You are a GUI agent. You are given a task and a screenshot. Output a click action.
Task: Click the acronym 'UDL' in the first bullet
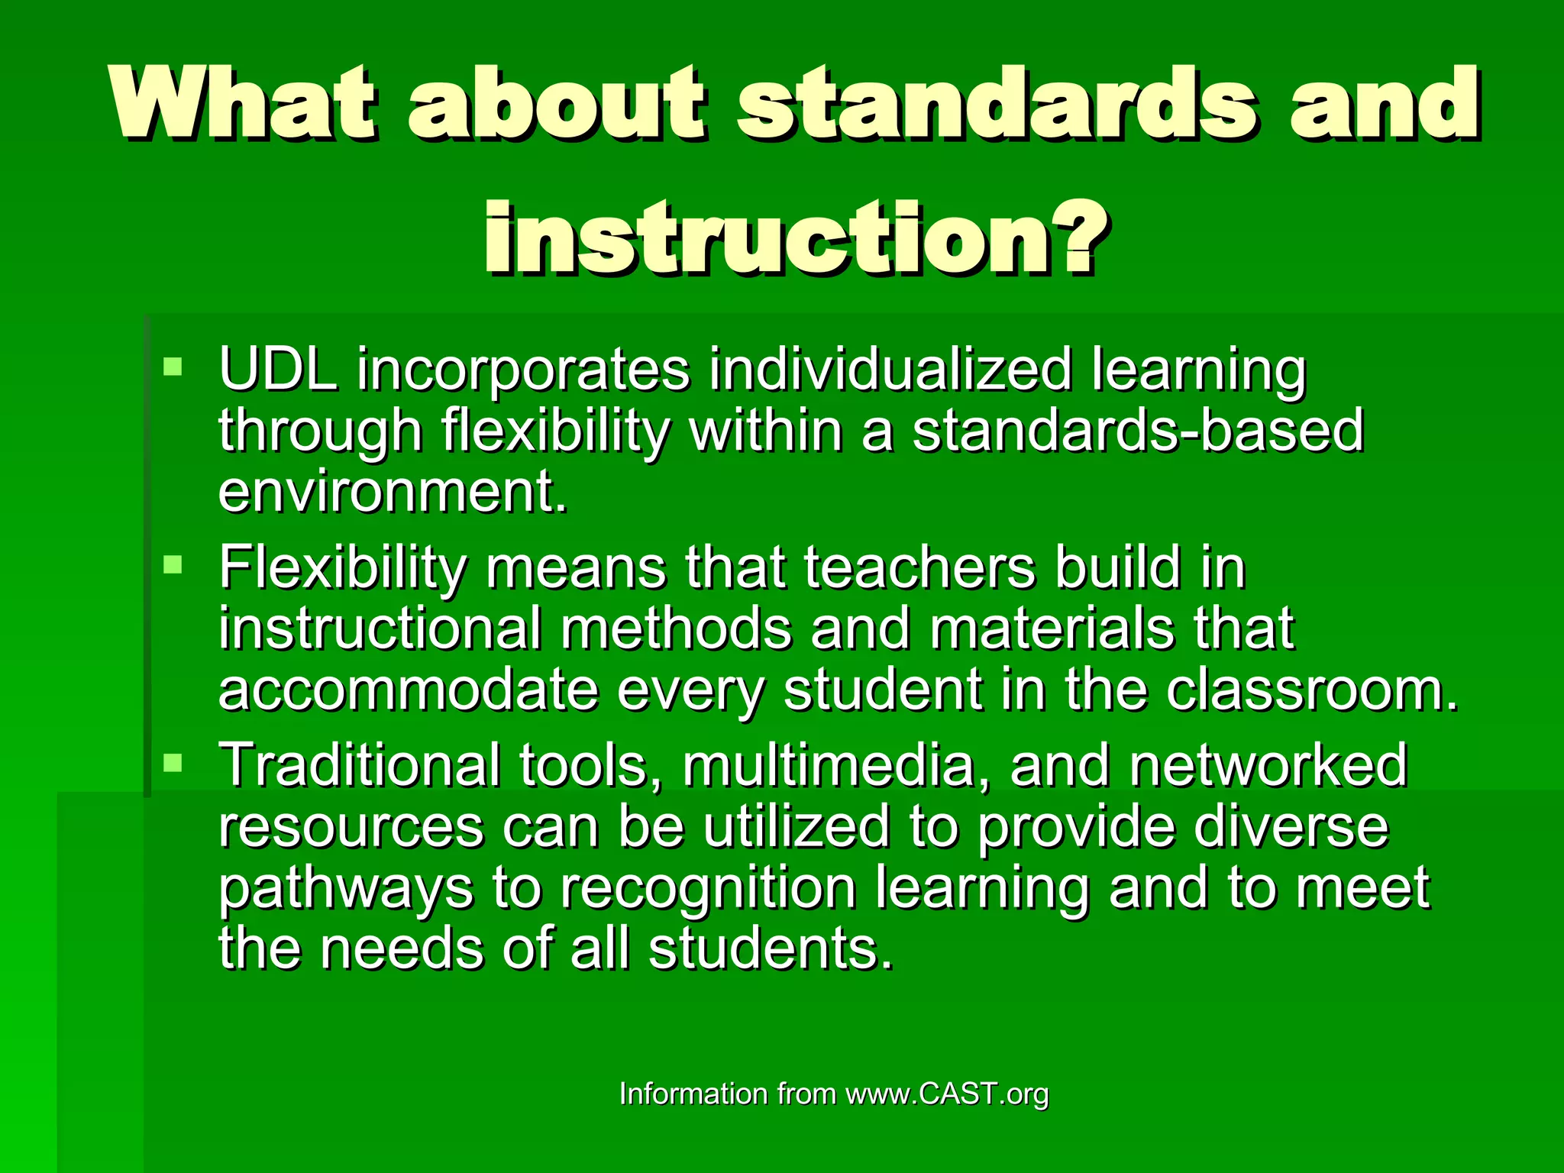coord(278,370)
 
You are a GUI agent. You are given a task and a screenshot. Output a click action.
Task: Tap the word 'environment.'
coord(393,491)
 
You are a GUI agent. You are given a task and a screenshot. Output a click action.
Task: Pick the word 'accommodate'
coord(408,690)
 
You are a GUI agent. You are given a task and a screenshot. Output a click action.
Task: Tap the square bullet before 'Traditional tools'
coord(173,762)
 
